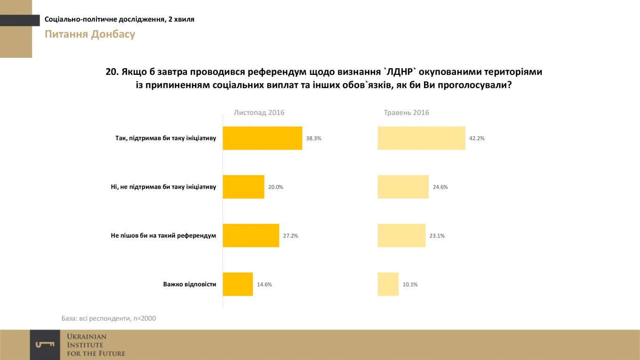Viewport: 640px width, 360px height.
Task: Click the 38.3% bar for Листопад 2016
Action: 262,138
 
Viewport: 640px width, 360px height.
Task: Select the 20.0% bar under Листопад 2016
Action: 243,187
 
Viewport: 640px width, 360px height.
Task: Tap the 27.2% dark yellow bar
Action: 251,235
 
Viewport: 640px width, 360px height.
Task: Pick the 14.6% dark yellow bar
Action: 238,284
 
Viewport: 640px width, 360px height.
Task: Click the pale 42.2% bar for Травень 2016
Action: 421,138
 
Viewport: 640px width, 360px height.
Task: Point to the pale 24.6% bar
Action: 403,187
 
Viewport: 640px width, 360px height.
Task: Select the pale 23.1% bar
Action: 401,235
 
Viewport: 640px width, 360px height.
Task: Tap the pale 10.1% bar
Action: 388,284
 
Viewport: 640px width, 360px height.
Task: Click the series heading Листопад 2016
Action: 259,112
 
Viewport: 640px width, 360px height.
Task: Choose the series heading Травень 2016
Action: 407,112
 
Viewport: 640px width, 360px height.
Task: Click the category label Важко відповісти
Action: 190,284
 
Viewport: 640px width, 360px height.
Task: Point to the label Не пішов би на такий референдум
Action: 160,235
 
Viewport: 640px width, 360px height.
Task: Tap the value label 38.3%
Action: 313,138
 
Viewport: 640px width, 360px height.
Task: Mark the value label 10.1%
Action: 410,284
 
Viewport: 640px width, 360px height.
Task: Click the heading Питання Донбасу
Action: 90,34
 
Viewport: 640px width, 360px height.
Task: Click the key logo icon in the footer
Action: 45,345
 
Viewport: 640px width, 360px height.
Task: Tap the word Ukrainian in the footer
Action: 87,337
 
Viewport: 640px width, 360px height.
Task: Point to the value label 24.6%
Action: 440,187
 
